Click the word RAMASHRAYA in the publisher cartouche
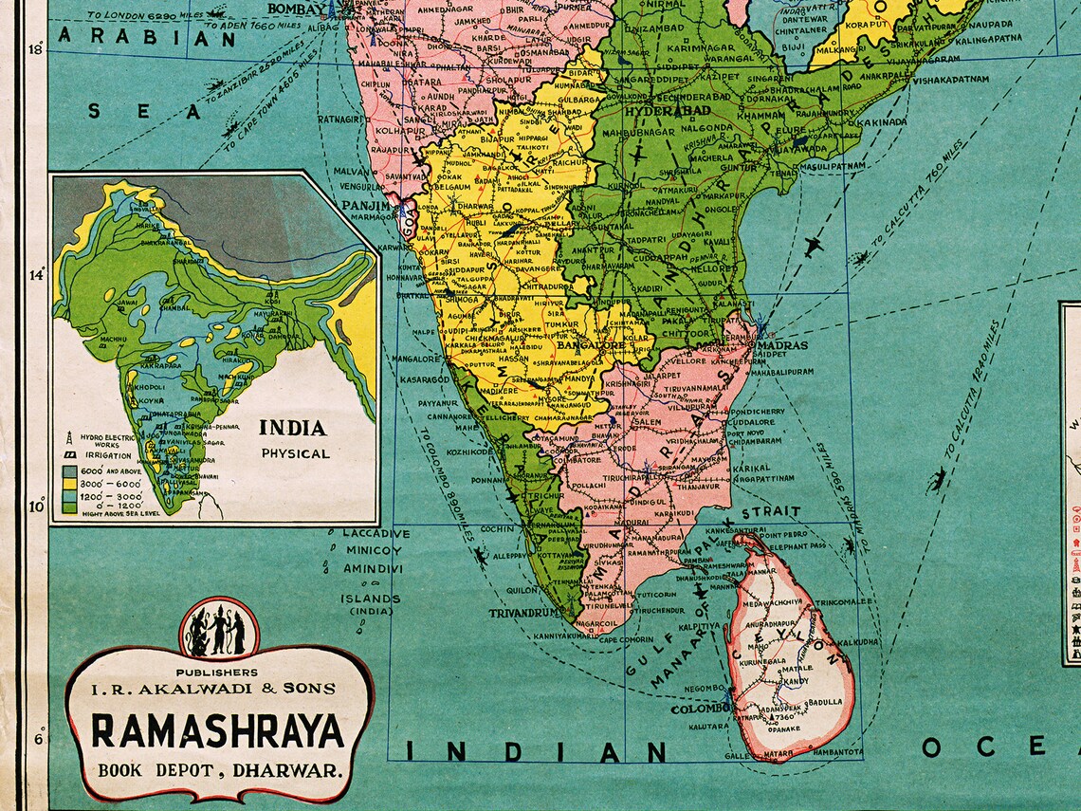217,731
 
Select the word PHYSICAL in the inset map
296,453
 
